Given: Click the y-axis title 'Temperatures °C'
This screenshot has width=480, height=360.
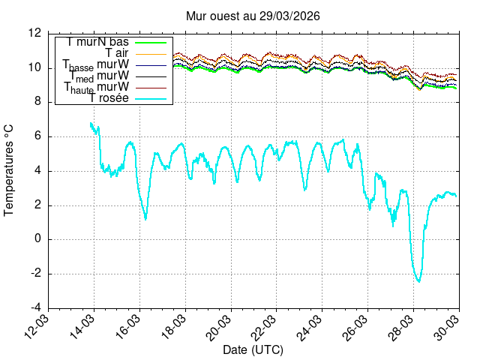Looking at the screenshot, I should coord(10,170).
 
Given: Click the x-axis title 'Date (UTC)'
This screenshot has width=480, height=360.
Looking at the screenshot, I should coord(253,350).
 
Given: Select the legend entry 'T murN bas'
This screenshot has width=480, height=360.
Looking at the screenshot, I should coord(97,42).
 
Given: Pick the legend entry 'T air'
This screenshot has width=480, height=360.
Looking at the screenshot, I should coord(117,52).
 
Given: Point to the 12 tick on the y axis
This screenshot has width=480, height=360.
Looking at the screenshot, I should coord(34,34).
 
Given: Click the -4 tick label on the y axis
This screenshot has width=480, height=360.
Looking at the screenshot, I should coord(34,308).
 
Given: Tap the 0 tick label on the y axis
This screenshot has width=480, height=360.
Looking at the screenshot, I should coord(37,239).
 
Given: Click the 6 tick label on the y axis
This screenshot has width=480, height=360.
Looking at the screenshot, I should coord(37,136).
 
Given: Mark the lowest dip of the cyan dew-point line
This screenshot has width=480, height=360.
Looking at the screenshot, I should coord(418,281).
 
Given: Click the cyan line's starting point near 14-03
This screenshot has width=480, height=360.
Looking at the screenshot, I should coord(90,123).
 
